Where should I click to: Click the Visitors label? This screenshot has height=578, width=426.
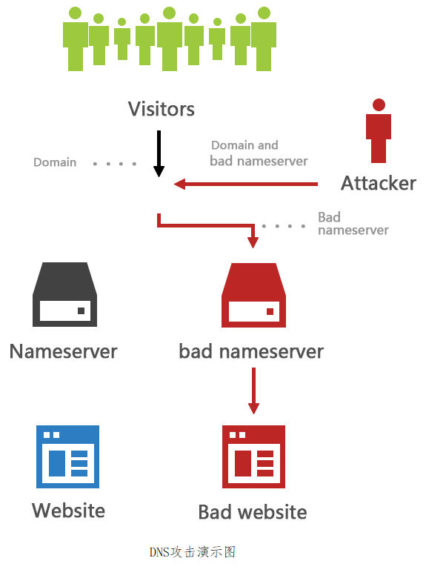click(x=161, y=109)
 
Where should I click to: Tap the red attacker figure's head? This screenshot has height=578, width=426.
click(x=379, y=104)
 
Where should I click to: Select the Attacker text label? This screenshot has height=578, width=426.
click(x=379, y=183)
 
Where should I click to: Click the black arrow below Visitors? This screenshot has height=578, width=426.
click(x=159, y=153)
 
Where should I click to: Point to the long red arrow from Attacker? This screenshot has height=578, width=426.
click(x=246, y=184)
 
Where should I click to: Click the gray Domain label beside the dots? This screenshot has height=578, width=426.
click(x=55, y=162)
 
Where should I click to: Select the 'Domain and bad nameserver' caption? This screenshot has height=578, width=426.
click(x=259, y=153)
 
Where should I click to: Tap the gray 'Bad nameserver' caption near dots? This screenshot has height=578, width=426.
click(x=353, y=223)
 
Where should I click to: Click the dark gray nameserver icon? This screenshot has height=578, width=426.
click(x=65, y=294)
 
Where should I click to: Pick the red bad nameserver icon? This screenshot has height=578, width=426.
click(x=253, y=295)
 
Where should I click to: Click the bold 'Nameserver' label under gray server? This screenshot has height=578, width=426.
click(x=64, y=351)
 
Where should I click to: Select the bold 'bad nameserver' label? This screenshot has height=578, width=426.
click(x=251, y=351)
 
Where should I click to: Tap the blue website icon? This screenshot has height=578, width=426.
click(x=68, y=456)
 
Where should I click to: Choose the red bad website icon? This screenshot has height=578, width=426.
click(x=253, y=456)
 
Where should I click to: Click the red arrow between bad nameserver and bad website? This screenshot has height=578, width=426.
click(x=253, y=391)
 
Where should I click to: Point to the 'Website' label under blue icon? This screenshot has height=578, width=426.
click(x=69, y=511)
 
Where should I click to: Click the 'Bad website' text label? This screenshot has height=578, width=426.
click(x=253, y=512)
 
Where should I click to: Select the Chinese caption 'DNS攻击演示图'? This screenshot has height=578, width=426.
click(x=193, y=552)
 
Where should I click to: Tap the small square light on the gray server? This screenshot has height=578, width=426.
click(x=81, y=310)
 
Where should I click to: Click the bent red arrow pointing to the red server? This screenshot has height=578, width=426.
click(x=207, y=225)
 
